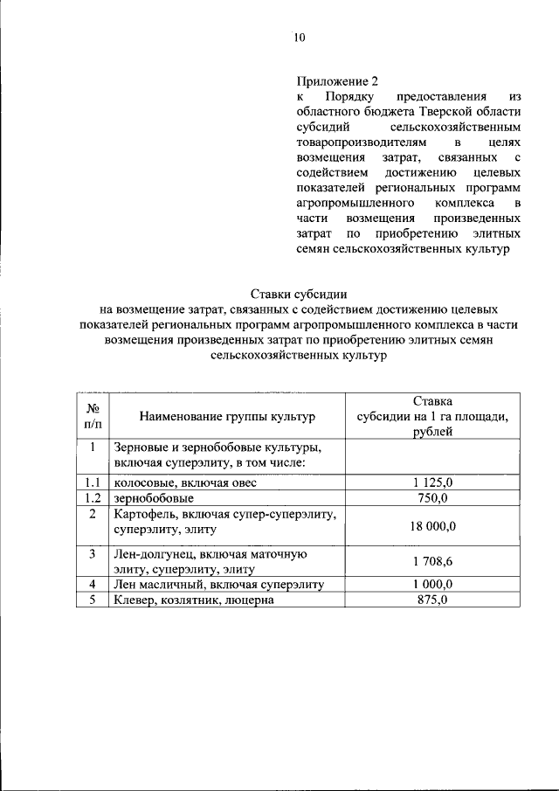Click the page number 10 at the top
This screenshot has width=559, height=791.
299,37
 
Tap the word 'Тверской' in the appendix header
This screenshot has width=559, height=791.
451,112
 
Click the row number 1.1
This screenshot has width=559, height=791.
92,482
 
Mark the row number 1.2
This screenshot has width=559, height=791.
92,497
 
